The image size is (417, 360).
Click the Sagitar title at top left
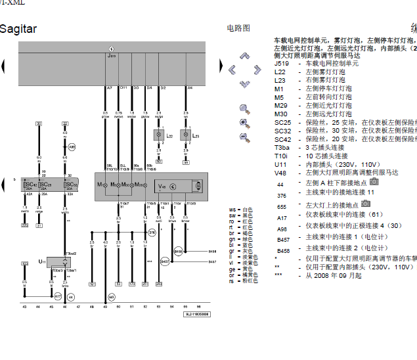[18, 29]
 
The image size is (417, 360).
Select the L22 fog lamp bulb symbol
[158, 135]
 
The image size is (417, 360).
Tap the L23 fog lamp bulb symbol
[186, 135]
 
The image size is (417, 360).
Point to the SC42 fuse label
[29, 185]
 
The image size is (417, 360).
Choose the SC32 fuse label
[70, 185]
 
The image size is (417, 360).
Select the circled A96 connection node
[72, 147]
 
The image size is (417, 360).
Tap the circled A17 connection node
[58, 297]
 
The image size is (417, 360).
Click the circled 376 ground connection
[152, 233]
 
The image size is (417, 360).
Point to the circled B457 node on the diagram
[165, 261]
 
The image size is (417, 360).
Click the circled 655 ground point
[112, 297]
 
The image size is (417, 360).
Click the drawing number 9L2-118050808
[197, 315]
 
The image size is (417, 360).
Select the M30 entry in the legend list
[280, 114]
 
